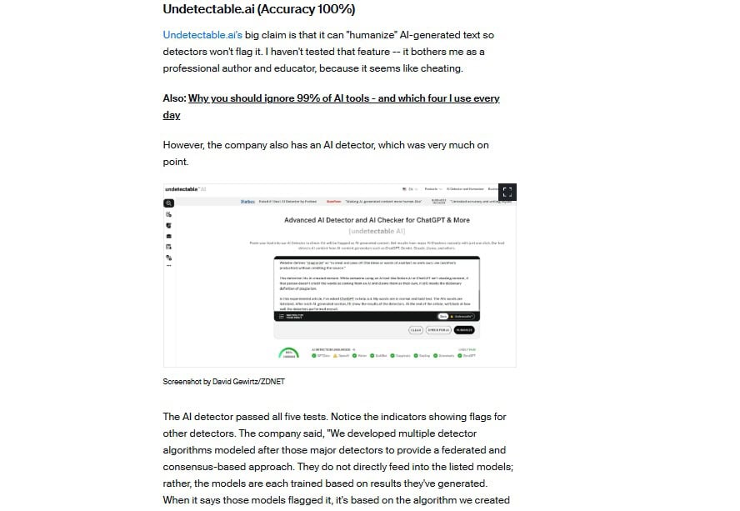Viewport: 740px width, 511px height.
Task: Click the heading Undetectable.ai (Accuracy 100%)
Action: (259, 9)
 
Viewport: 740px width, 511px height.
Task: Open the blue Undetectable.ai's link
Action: (202, 35)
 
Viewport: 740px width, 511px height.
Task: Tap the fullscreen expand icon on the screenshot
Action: (507, 192)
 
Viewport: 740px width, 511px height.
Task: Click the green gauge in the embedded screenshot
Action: (288, 353)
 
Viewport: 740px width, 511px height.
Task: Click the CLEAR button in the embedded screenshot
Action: (416, 330)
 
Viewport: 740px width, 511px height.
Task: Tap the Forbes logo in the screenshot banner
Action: (247, 201)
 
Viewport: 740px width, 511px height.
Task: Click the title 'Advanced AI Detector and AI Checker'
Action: (377, 220)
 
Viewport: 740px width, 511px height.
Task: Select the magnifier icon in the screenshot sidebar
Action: (168, 203)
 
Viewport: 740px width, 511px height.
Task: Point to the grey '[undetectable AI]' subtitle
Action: (377, 230)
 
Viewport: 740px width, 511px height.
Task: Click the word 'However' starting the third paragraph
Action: (183, 145)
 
